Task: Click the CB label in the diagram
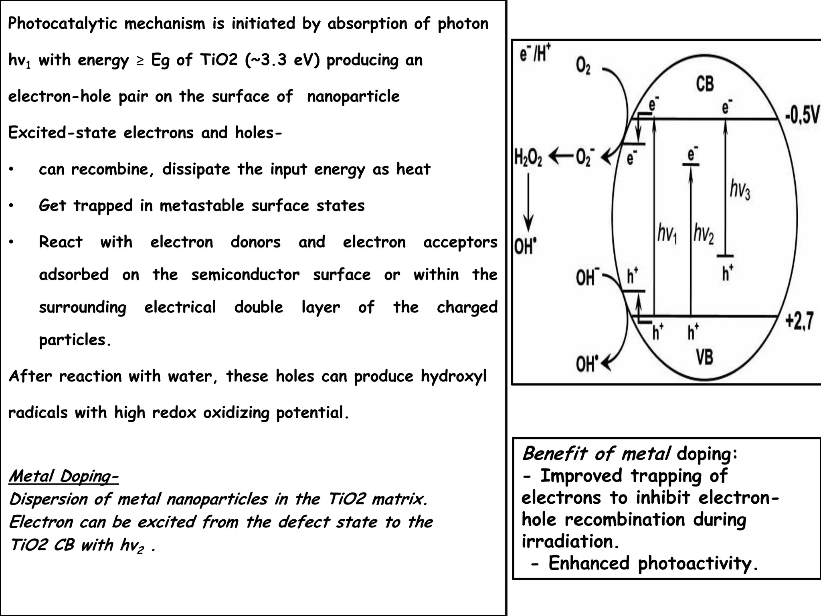point(705,85)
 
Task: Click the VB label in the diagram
point(704,357)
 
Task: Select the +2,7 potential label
point(799,321)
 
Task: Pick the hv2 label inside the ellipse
point(704,234)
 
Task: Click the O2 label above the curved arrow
point(583,65)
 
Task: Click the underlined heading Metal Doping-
point(63,476)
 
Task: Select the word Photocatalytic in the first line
point(63,24)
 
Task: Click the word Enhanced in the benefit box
point(589,563)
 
